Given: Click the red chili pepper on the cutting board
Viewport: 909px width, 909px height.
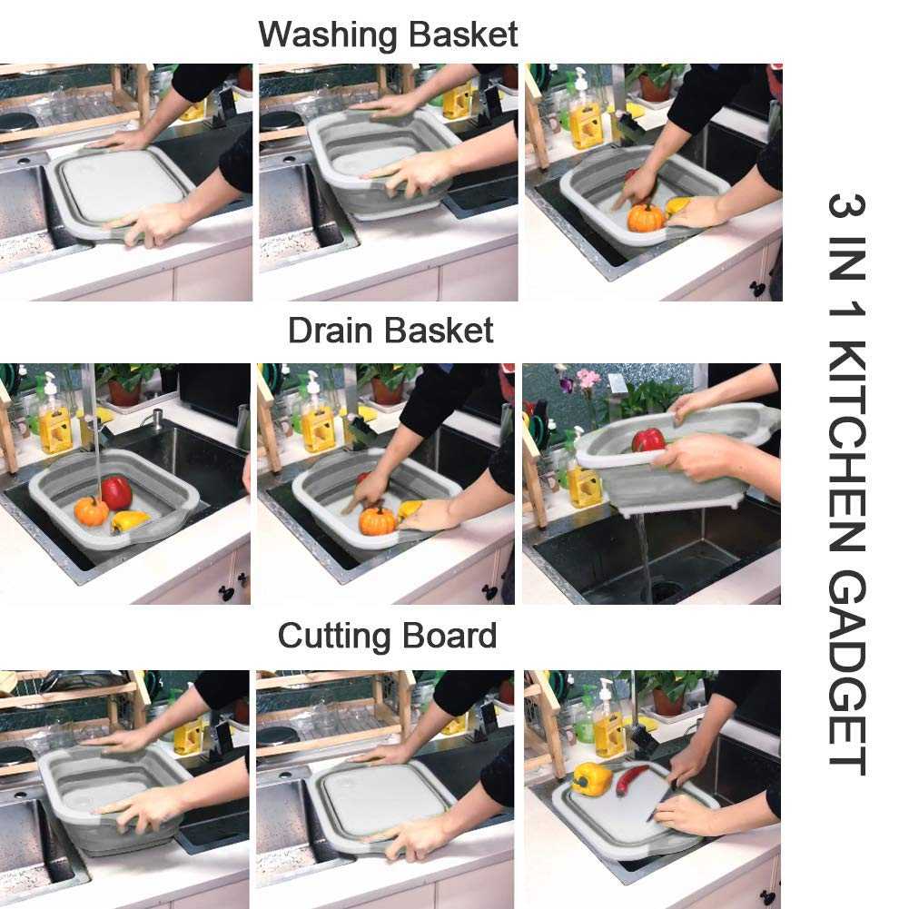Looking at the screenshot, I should click(632, 778).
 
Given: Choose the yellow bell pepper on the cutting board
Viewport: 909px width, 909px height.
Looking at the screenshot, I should click(591, 779).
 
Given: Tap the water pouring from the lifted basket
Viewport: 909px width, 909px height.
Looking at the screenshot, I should click(644, 554).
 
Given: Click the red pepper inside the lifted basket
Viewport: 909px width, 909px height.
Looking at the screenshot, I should click(648, 440).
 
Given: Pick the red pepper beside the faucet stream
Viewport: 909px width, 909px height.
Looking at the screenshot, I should click(116, 492).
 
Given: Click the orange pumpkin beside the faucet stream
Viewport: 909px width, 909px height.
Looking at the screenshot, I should click(91, 511).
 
